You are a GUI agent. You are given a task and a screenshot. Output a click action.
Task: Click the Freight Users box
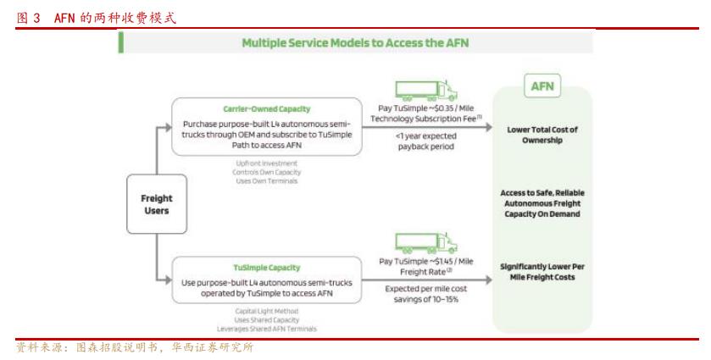156,204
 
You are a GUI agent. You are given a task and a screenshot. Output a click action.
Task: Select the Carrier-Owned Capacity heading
266,109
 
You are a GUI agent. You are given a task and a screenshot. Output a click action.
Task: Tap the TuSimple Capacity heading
266,268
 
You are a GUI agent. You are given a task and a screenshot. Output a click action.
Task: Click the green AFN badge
541,86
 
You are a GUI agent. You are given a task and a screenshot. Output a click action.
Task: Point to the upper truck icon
426,91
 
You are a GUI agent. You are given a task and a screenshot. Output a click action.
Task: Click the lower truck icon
426,245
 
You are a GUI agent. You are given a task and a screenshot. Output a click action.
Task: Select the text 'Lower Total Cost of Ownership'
542,135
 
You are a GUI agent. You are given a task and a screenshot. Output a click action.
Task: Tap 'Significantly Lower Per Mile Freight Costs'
542,271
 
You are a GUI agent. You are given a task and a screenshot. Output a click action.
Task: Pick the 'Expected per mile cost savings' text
425,294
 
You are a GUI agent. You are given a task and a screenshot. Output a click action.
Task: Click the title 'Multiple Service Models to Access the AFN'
355,42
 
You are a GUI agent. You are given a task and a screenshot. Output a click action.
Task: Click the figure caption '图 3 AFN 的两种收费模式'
97,16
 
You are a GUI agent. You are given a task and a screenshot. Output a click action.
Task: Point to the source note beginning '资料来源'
136,347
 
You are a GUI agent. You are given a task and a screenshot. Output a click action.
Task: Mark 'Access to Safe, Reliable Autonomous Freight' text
542,198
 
